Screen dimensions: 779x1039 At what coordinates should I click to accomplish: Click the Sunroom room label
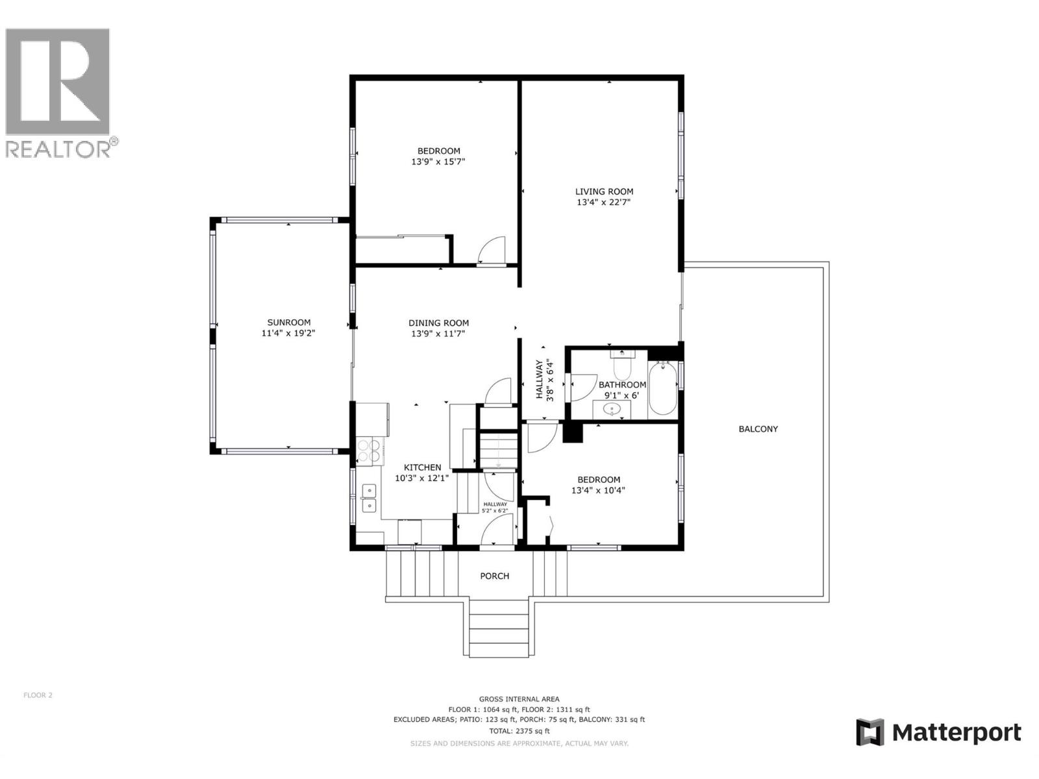tap(289, 322)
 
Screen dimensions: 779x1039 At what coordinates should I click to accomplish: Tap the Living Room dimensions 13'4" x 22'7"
tap(604, 203)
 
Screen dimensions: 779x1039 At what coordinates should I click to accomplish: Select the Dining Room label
tap(438, 323)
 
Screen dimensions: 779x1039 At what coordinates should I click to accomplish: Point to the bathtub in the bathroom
tap(663, 388)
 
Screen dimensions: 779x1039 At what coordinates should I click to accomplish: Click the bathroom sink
tap(611, 410)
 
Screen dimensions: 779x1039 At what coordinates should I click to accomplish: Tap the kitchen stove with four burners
tap(369, 451)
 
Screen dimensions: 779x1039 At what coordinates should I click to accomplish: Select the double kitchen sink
tap(369, 497)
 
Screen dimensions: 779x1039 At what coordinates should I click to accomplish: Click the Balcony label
tap(758, 429)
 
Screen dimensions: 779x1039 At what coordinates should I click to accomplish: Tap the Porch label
tap(494, 576)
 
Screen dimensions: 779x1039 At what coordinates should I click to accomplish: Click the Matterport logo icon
tap(870, 732)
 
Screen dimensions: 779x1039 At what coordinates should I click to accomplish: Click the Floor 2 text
tap(38, 695)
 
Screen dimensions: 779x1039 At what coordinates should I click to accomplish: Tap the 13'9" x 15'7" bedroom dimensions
tap(438, 162)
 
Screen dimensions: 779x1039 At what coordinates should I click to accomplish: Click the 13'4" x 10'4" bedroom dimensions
tap(598, 491)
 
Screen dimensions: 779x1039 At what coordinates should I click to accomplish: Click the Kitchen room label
tap(422, 467)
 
